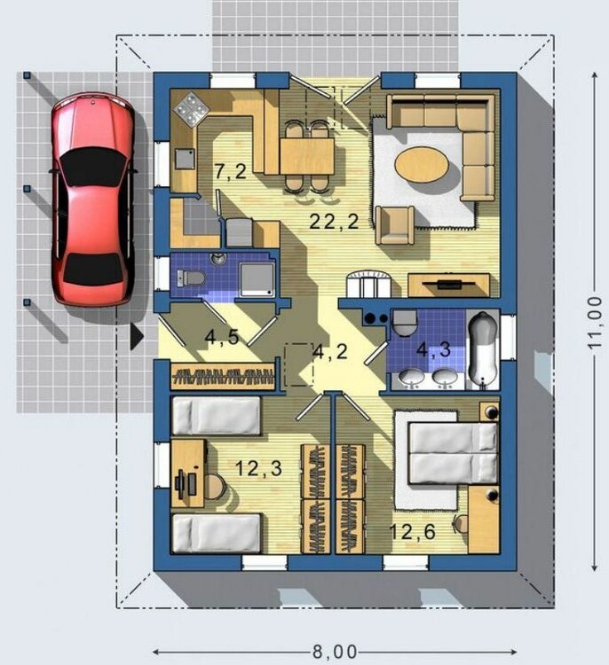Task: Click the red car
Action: (x=93, y=199)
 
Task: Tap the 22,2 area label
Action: (x=334, y=222)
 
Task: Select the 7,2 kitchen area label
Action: (x=231, y=172)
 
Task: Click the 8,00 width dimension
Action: (x=335, y=652)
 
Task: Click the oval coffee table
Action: (x=422, y=165)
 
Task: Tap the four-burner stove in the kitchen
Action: (x=191, y=108)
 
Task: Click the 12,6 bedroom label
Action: (x=413, y=532)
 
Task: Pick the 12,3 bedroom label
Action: (x=258, y=468)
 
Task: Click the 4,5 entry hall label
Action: (x=222, y=337)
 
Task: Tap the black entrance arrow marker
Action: (x=137, y=337)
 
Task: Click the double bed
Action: (x=453, y=453)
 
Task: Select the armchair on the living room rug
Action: (x=395, y=225)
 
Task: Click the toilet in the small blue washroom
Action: (x=191, y=278)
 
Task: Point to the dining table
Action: (x=307, y=156)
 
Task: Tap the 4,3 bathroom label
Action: (x=433, y=349)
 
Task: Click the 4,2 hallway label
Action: (x=330, y=352)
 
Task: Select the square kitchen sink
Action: (x=185, y=160)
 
